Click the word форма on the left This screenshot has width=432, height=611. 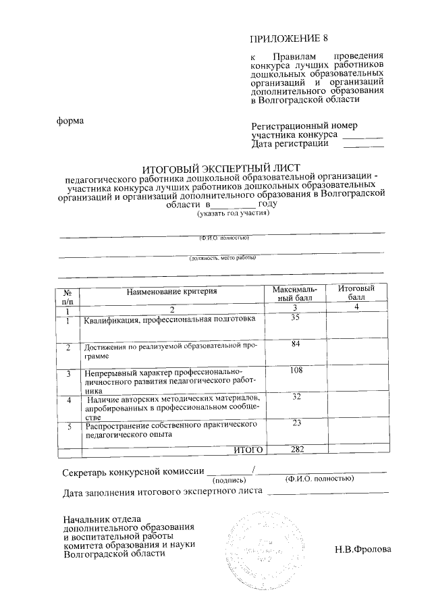[x=70, y=121]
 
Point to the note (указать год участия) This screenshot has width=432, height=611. [x=233, y=214]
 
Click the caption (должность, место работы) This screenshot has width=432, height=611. [x=223, y=257]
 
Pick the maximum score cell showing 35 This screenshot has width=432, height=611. [x=295, y=318]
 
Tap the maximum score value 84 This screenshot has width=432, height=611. [x=295, y=344]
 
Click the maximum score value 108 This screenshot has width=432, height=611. [x=295, y=371]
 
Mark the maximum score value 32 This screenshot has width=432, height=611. [x=295, y=396]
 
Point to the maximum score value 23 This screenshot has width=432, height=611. [x=295, y=423]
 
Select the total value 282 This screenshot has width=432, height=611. [x=295, y=449]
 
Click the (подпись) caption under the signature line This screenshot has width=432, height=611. [x=230, y=479]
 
